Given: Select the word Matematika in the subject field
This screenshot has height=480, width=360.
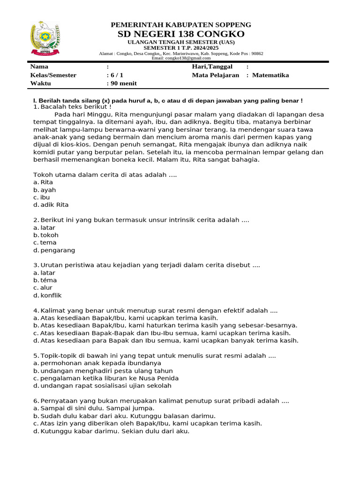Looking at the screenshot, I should (270, 75).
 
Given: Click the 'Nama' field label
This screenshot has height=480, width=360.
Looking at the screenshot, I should (39, 67).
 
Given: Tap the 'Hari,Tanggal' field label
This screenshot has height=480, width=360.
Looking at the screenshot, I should (212, 67).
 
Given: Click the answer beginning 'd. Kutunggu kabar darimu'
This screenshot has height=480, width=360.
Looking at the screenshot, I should (112, 431).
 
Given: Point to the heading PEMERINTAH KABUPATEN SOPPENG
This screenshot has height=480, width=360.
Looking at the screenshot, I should (180, 24).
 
